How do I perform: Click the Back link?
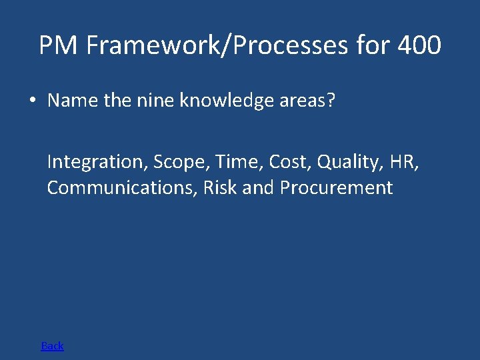[52, 345]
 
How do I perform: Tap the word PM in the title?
[59, 45]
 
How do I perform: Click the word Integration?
[97, 162]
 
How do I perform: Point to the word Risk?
[220, 188]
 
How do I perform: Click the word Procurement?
[336, 188]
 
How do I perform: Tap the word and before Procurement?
[258, 188]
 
